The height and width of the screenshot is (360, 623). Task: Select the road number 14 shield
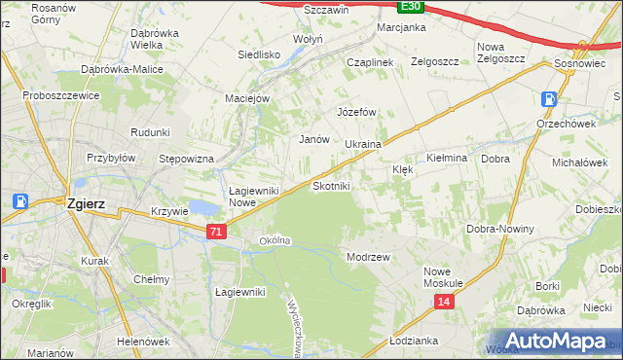[444, 303]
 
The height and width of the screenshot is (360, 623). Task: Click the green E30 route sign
[411, 6]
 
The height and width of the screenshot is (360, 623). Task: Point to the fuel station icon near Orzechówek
[550, 98]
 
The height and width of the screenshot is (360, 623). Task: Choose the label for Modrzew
[368, 257]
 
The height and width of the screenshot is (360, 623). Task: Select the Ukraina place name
[362, 144]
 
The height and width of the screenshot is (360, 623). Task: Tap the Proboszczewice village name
[61, 97]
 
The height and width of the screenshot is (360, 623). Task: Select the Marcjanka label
[402, 27]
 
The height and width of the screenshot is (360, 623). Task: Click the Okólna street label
[275, 240]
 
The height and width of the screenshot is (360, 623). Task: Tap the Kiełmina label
[448, 157]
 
